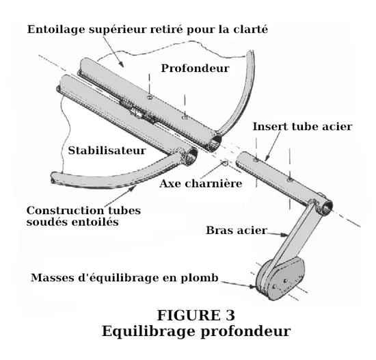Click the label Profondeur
195,68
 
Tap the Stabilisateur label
107,151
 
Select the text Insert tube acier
302,127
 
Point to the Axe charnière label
201,184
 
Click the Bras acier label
237,231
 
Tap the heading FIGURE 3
196,316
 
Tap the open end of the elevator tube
215,143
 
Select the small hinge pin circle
226,164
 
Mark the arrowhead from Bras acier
284,235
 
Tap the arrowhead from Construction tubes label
132,188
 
